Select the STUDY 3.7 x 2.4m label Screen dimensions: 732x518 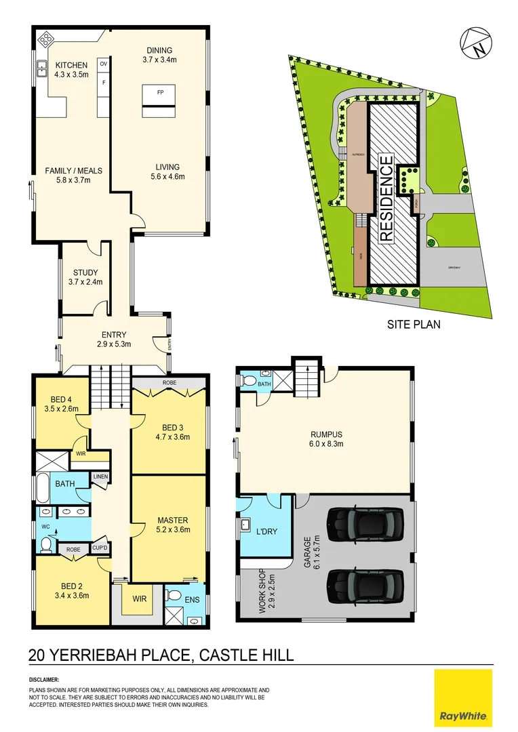pos(85,277)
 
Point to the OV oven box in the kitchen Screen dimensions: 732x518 pos(104,63)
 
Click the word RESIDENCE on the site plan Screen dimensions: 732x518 pos(386,199)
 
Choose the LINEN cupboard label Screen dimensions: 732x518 pos(101,477)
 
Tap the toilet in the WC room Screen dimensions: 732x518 pos(47,544)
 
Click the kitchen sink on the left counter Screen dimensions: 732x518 pos(42,67)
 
